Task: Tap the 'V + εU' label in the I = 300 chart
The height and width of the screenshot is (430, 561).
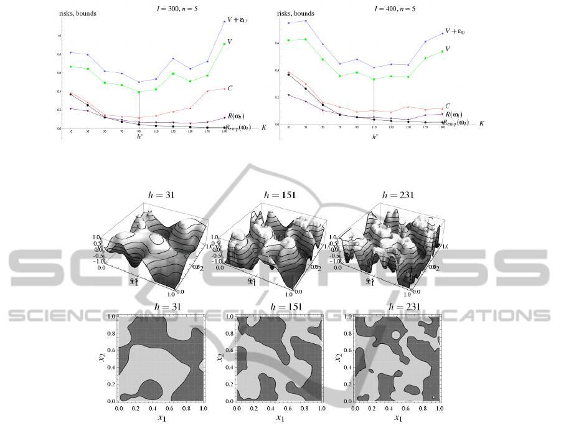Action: coord(238,21)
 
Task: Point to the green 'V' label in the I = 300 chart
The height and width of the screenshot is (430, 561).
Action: coord(230,42)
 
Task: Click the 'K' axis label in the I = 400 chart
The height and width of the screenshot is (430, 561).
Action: coord(481,123)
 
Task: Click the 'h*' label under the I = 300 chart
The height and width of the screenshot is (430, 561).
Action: coord(139,136)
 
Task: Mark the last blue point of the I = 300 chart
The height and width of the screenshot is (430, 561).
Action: coord(224,22)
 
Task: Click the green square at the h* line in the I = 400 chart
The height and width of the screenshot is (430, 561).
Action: coord(374,79)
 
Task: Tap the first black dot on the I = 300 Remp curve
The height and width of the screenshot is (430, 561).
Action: coord(71,95)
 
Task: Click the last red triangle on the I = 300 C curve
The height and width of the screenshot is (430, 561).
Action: coord(224,88)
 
